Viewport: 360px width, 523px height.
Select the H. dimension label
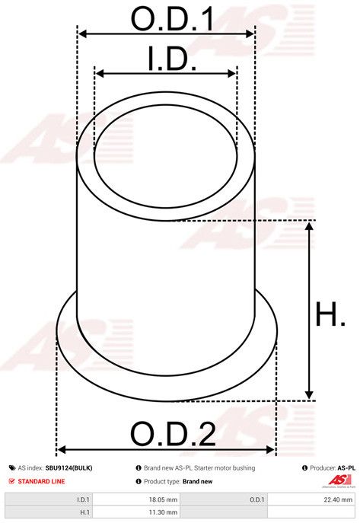pyautogui.click(x=330, y=314)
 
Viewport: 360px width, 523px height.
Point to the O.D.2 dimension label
pyautogui.click(x=172, y=434)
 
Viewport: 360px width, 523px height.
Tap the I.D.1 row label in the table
pyautogui.click(x=83, y=499)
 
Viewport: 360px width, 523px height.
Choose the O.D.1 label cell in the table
pyautogui.click(x=256, y=499)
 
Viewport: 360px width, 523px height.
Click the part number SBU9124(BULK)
pyautogui.click(x=68, y=468)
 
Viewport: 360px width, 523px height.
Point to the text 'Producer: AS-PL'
pyautogui.click(x=329, y=468)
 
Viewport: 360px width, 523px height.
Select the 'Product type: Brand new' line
pyautogui.click(x=178, y=481)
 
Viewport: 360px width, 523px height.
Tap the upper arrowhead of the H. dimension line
pyautogui.click(x=310, y=226)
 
